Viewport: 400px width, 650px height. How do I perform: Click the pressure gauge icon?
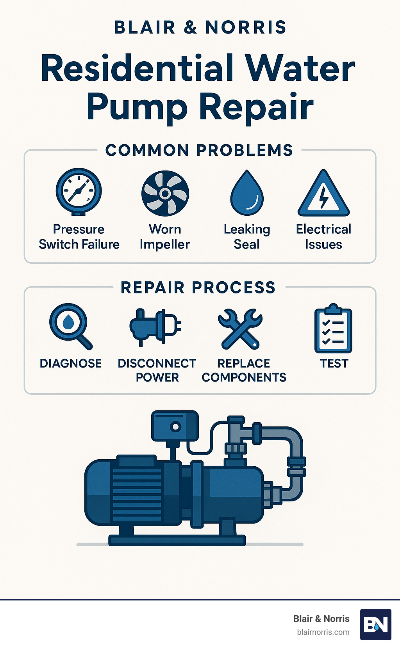(79, 192)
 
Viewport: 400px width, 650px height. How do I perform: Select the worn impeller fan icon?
(165, 194)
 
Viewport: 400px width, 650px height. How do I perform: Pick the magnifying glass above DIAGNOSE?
(69, 325)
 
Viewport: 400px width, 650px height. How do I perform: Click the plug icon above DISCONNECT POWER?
(155, 327)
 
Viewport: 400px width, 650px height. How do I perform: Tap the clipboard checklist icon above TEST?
(333, 329)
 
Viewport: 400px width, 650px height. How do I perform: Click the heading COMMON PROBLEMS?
(199, 150)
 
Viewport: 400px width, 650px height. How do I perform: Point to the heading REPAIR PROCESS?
(198, 288)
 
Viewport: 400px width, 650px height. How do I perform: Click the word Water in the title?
(300, 68)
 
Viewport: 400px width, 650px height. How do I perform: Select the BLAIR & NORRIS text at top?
(200, 27)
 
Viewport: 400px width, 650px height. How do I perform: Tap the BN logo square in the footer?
(375, 624)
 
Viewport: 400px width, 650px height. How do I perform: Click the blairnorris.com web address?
(323, 632)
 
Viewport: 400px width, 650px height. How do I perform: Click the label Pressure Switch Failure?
(79, 237)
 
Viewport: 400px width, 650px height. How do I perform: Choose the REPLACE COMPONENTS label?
(244, 370)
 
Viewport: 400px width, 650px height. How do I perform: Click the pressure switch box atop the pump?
(175, 426)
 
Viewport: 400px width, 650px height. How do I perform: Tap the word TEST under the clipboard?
(334, 363)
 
